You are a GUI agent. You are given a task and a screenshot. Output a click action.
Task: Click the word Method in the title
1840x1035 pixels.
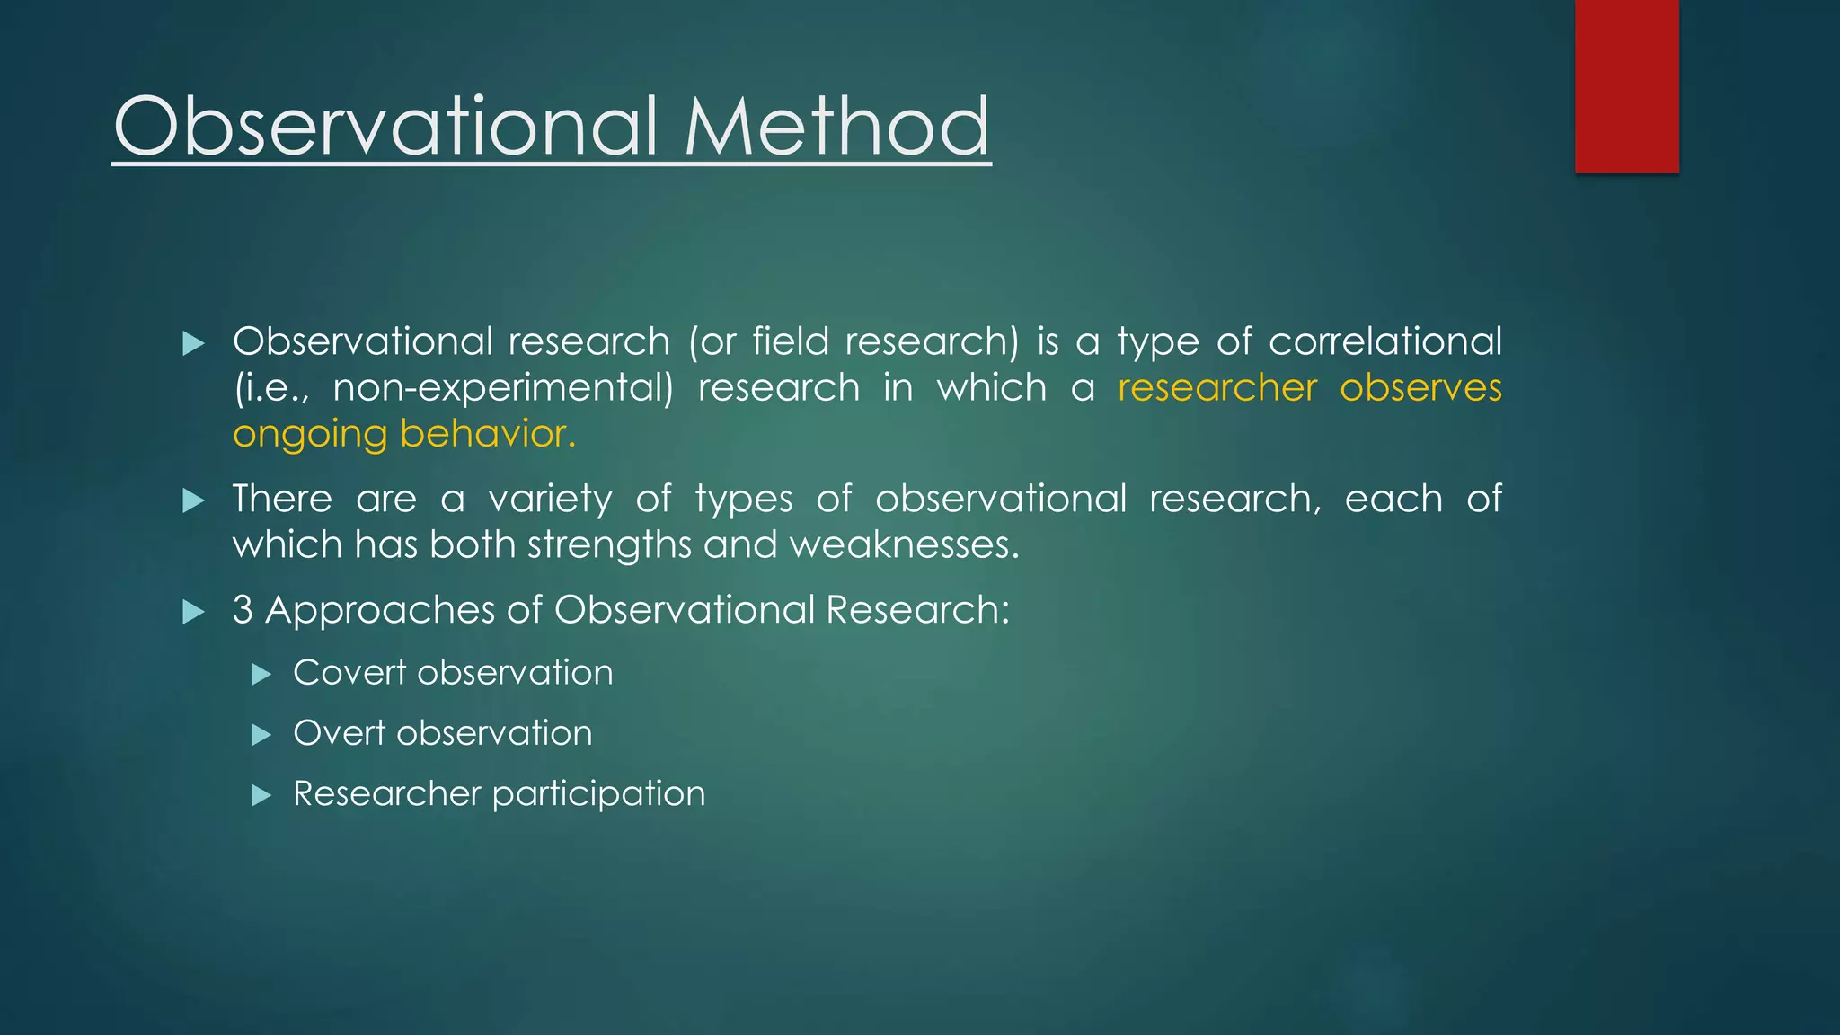tap(836, 127)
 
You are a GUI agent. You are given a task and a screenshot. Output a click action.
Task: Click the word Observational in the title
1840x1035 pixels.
tap(386, 127)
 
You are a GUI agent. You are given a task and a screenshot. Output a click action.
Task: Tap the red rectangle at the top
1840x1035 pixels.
tap(1626, 85)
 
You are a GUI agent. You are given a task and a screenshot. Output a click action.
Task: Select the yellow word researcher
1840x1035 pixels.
tap(1216, 388)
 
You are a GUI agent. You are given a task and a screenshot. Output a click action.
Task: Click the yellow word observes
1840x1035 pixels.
tap(1420, 388)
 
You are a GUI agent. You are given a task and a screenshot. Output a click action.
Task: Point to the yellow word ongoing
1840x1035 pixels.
tap(309, 435)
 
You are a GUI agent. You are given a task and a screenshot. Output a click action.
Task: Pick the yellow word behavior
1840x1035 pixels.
tap(486, 434)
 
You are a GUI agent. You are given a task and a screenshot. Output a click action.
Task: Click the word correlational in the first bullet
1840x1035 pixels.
tap(1384, 341)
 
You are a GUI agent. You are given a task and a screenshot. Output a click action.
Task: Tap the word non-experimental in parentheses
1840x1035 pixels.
tap(503, 388)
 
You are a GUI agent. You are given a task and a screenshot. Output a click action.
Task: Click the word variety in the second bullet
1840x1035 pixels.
tap(550, 499)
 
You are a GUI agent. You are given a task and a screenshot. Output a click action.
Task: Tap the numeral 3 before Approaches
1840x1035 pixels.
tap(242, 610)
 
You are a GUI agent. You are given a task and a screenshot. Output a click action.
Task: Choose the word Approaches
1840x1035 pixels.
tap(379, 611)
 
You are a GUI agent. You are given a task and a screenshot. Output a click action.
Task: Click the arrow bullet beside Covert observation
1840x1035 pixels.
tap(261, 674)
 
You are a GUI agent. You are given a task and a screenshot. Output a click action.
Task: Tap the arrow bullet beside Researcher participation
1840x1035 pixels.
tap(261, 795)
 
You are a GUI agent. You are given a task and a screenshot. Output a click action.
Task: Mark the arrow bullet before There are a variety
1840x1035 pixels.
tap(193, 500)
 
